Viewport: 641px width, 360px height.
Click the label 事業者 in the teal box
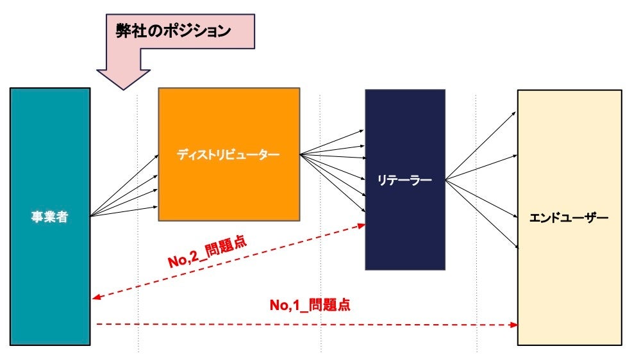[x=50, y=217]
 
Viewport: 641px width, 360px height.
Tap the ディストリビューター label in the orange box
[x=229, y=154]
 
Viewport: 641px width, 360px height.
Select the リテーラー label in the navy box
[x=404, y=180]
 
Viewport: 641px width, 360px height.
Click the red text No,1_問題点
[x=310, y=305]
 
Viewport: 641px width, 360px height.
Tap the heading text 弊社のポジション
[x=172, y=31]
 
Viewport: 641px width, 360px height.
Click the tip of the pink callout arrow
[x=122, y=88]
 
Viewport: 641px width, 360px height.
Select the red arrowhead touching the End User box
[x=514, y=325]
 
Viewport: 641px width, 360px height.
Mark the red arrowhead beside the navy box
[x=362, y=225]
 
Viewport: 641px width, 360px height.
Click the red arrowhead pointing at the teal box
[x=95, y=297]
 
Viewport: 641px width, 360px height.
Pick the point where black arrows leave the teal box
[x=92, y=216]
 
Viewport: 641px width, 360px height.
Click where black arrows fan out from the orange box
[x=301, y=154]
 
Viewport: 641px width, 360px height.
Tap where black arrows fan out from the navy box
[x=446, y=180]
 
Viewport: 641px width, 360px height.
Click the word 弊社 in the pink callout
[x=128, y=31]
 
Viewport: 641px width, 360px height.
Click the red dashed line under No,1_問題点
[x=308, y=325]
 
